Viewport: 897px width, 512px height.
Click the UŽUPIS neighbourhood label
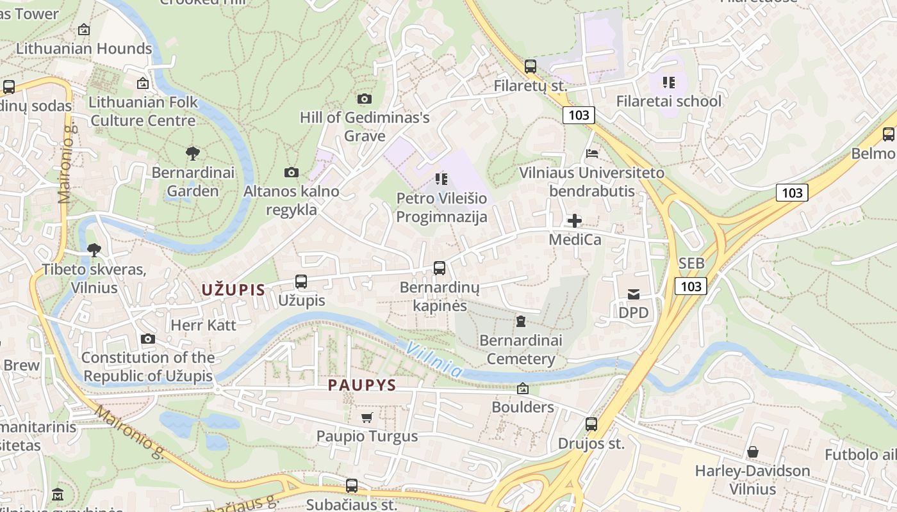click(233, 289)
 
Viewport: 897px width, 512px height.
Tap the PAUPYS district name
click(362, 385)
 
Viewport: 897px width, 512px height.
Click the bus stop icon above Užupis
click(300, 281)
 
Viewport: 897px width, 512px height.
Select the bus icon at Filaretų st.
click(530, 66)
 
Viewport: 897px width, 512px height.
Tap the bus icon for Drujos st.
click(591, 424)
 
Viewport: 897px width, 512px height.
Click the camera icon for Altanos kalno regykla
click(291, 172)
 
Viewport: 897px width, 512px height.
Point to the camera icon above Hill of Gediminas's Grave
click(364, 99)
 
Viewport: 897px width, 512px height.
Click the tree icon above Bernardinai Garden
click(192, 153)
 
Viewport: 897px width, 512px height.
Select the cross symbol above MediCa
click(575, 221)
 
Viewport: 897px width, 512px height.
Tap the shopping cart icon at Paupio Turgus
click(366, 417)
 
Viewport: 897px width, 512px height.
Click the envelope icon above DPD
click(633, 294)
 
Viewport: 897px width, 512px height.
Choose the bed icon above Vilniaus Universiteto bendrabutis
click(591, 154)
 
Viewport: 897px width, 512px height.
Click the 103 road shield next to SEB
click(691, 285)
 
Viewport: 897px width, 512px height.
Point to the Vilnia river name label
click(434, 358)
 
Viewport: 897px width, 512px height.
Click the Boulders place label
click(522, 407)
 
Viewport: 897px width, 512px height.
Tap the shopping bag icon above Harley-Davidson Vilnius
click(753, 452)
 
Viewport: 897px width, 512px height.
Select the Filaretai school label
click(668, 101)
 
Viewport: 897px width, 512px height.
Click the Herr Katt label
click(203, 325)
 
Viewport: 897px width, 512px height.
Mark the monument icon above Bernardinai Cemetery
click(520, 321)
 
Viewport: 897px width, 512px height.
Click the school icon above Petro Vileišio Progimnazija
click(441, 179)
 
